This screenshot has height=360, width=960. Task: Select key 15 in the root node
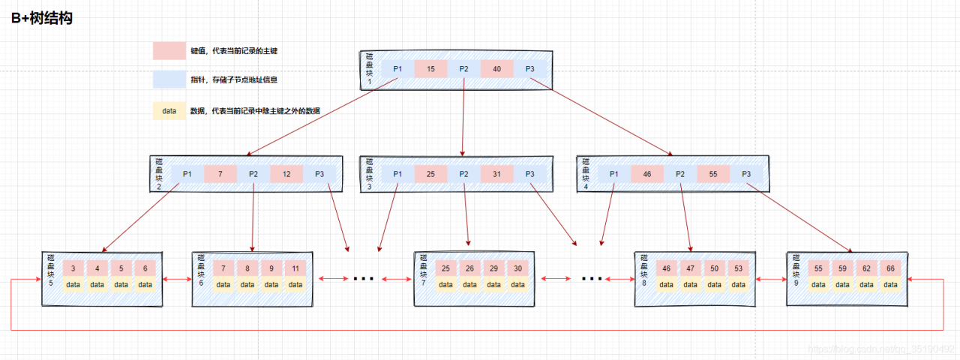tap(430, 70)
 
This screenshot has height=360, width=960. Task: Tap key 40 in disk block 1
tap(496, 70)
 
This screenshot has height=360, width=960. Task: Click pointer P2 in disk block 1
tap(463, 70)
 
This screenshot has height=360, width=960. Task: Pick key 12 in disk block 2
tap(286, 174)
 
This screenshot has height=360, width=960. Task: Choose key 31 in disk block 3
tap(496, 174)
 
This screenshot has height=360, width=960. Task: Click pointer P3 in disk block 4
tap(746, 174)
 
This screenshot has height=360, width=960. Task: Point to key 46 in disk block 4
tap(647, 174)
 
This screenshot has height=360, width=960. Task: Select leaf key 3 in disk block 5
tap(73, 268)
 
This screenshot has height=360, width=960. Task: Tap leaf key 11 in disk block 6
tap(295, 268)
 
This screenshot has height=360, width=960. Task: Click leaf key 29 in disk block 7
tap(493, 268)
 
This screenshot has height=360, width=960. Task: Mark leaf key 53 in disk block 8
tap(739, 268)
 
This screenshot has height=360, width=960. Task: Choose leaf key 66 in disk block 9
tap(889, 268)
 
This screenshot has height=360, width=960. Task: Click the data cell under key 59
tap(842, 284)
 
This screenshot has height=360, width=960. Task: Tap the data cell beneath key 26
tap(469, 284)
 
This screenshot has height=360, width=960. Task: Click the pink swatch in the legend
tap(169, 50)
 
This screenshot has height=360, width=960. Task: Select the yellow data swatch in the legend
tap(169, 110)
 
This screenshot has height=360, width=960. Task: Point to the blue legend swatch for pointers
tap(169, 79)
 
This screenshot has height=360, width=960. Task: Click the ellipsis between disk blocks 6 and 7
tap(363, 279)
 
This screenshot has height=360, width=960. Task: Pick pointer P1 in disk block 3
tap(397, 174)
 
